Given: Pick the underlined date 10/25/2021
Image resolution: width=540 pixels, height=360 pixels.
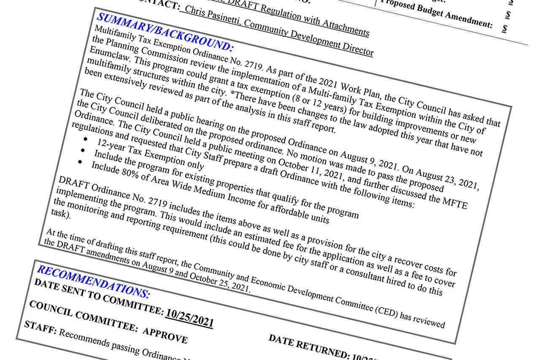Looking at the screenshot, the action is click(189, 317).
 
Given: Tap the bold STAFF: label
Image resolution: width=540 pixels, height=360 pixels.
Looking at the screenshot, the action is click(40, 329).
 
